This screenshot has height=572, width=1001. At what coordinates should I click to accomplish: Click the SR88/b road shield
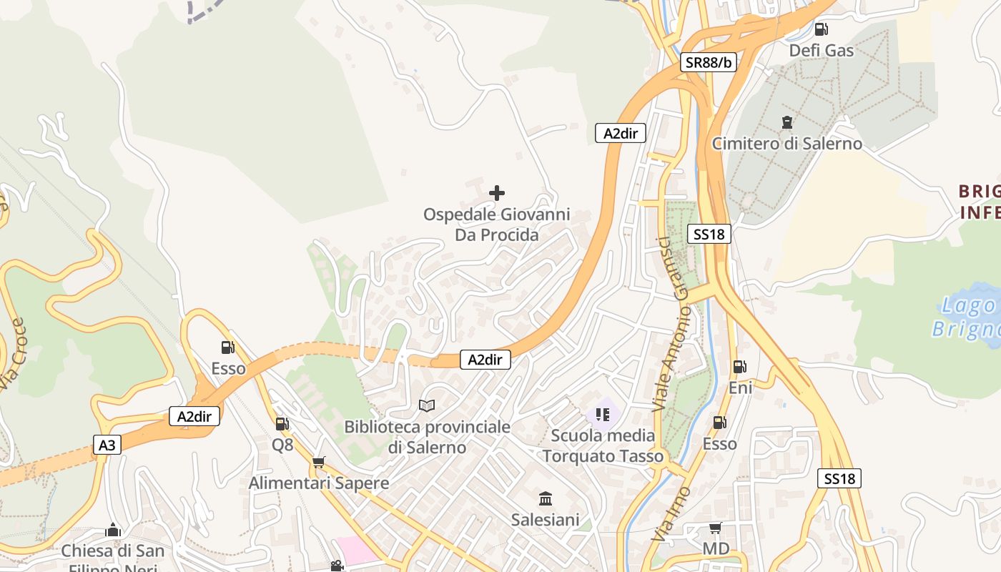click(709, 62)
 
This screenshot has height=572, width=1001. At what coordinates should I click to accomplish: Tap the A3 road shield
click(107, 445)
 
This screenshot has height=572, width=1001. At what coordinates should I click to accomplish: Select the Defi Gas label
click(821, 50)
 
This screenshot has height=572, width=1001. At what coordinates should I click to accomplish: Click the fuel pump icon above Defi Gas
click(822, 29)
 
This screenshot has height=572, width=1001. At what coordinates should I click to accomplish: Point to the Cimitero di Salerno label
click(786, 143)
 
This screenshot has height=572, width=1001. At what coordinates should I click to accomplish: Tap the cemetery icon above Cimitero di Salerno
click(787, 122)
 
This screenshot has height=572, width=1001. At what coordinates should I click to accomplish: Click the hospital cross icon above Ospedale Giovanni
click(497, 193)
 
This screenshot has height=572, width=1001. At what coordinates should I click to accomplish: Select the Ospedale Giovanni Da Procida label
click(497, 225)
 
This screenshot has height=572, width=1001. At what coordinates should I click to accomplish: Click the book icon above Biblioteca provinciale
click(427, 406)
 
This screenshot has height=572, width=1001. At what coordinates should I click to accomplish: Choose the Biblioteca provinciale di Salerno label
click(427, 438)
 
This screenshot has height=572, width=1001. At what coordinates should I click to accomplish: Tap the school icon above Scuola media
click(603, 415)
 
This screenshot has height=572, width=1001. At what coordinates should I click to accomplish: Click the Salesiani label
click(545, 520)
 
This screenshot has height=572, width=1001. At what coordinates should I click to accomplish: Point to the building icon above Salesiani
click(546, 498)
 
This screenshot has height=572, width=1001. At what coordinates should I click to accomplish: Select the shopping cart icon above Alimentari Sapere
click(319, 463)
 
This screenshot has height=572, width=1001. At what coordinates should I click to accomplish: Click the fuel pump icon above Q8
click(282, 424)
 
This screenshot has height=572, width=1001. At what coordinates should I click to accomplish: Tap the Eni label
click(740, 388)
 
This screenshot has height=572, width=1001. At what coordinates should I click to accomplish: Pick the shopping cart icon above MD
click(714, 528)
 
